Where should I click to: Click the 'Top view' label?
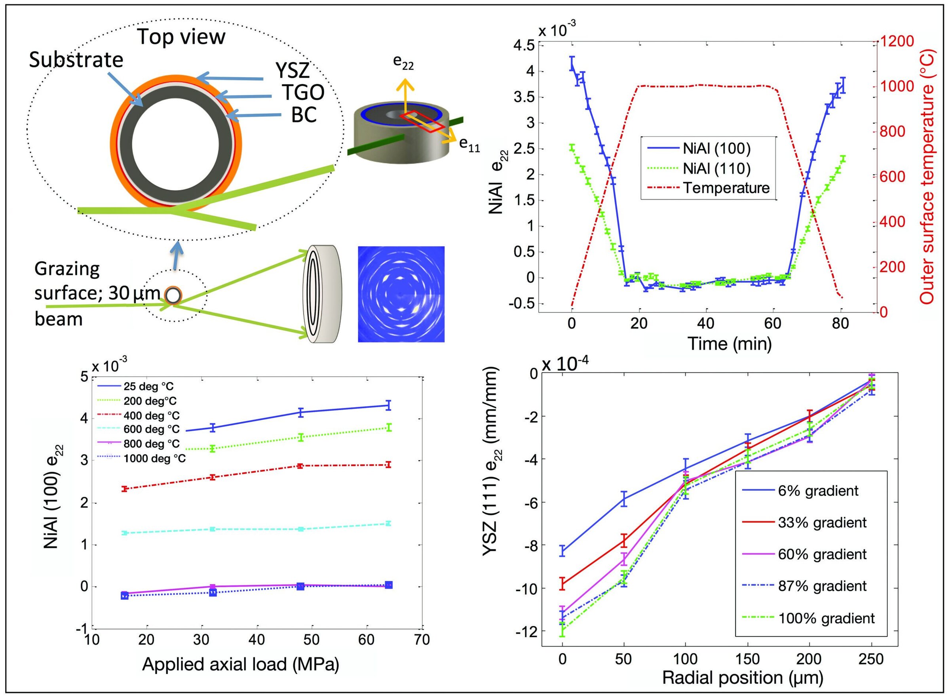(x=181, y=37)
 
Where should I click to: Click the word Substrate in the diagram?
(x=76, y=60)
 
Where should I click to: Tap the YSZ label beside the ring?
(x=293, y=71)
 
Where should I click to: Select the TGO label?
(x=303, y=92)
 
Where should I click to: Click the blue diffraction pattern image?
(x=401, y=294)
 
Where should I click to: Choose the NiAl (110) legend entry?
(x=716, y=168)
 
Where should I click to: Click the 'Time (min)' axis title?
(x=729, y=344)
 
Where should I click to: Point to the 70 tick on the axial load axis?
(x=421, y=640)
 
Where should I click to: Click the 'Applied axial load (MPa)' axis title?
(x=241, y=664)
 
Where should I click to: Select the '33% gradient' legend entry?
(x=822, y=523)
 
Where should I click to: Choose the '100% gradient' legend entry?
(x=826, y=619)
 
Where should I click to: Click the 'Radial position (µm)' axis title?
(x=743, y=678)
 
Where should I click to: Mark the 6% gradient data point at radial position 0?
(x=562, y=550)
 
